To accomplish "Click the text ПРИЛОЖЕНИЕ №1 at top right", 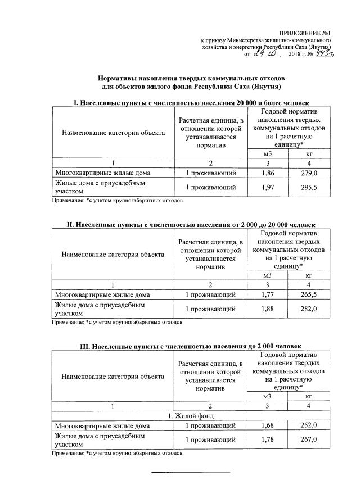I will [307, 34].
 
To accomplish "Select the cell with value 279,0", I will [309, 173].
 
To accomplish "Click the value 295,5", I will [309, 187].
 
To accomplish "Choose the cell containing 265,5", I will [309, 294].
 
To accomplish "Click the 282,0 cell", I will [309, 309].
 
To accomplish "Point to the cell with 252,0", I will [309, 425].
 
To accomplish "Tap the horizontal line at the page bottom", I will [192, 472].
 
